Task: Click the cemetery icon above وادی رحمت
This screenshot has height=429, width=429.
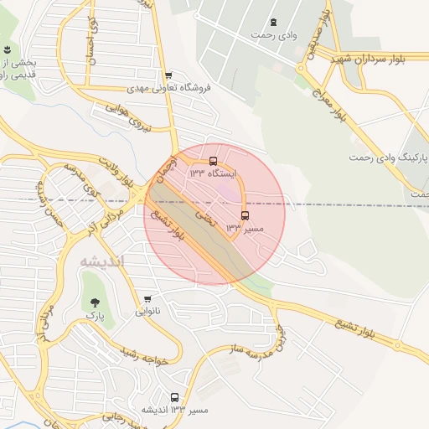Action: [x=273, y=22]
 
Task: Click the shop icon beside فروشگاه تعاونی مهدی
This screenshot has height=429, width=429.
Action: [x=169, y=75]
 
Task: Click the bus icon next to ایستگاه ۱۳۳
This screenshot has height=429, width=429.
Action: [x=213, y=160]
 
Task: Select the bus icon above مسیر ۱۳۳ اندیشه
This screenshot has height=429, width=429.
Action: [x=174, y=397]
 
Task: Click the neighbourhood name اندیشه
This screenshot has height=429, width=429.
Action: [x=101, y=261]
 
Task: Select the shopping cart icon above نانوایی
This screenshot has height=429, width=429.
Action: [x=148, y=298]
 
